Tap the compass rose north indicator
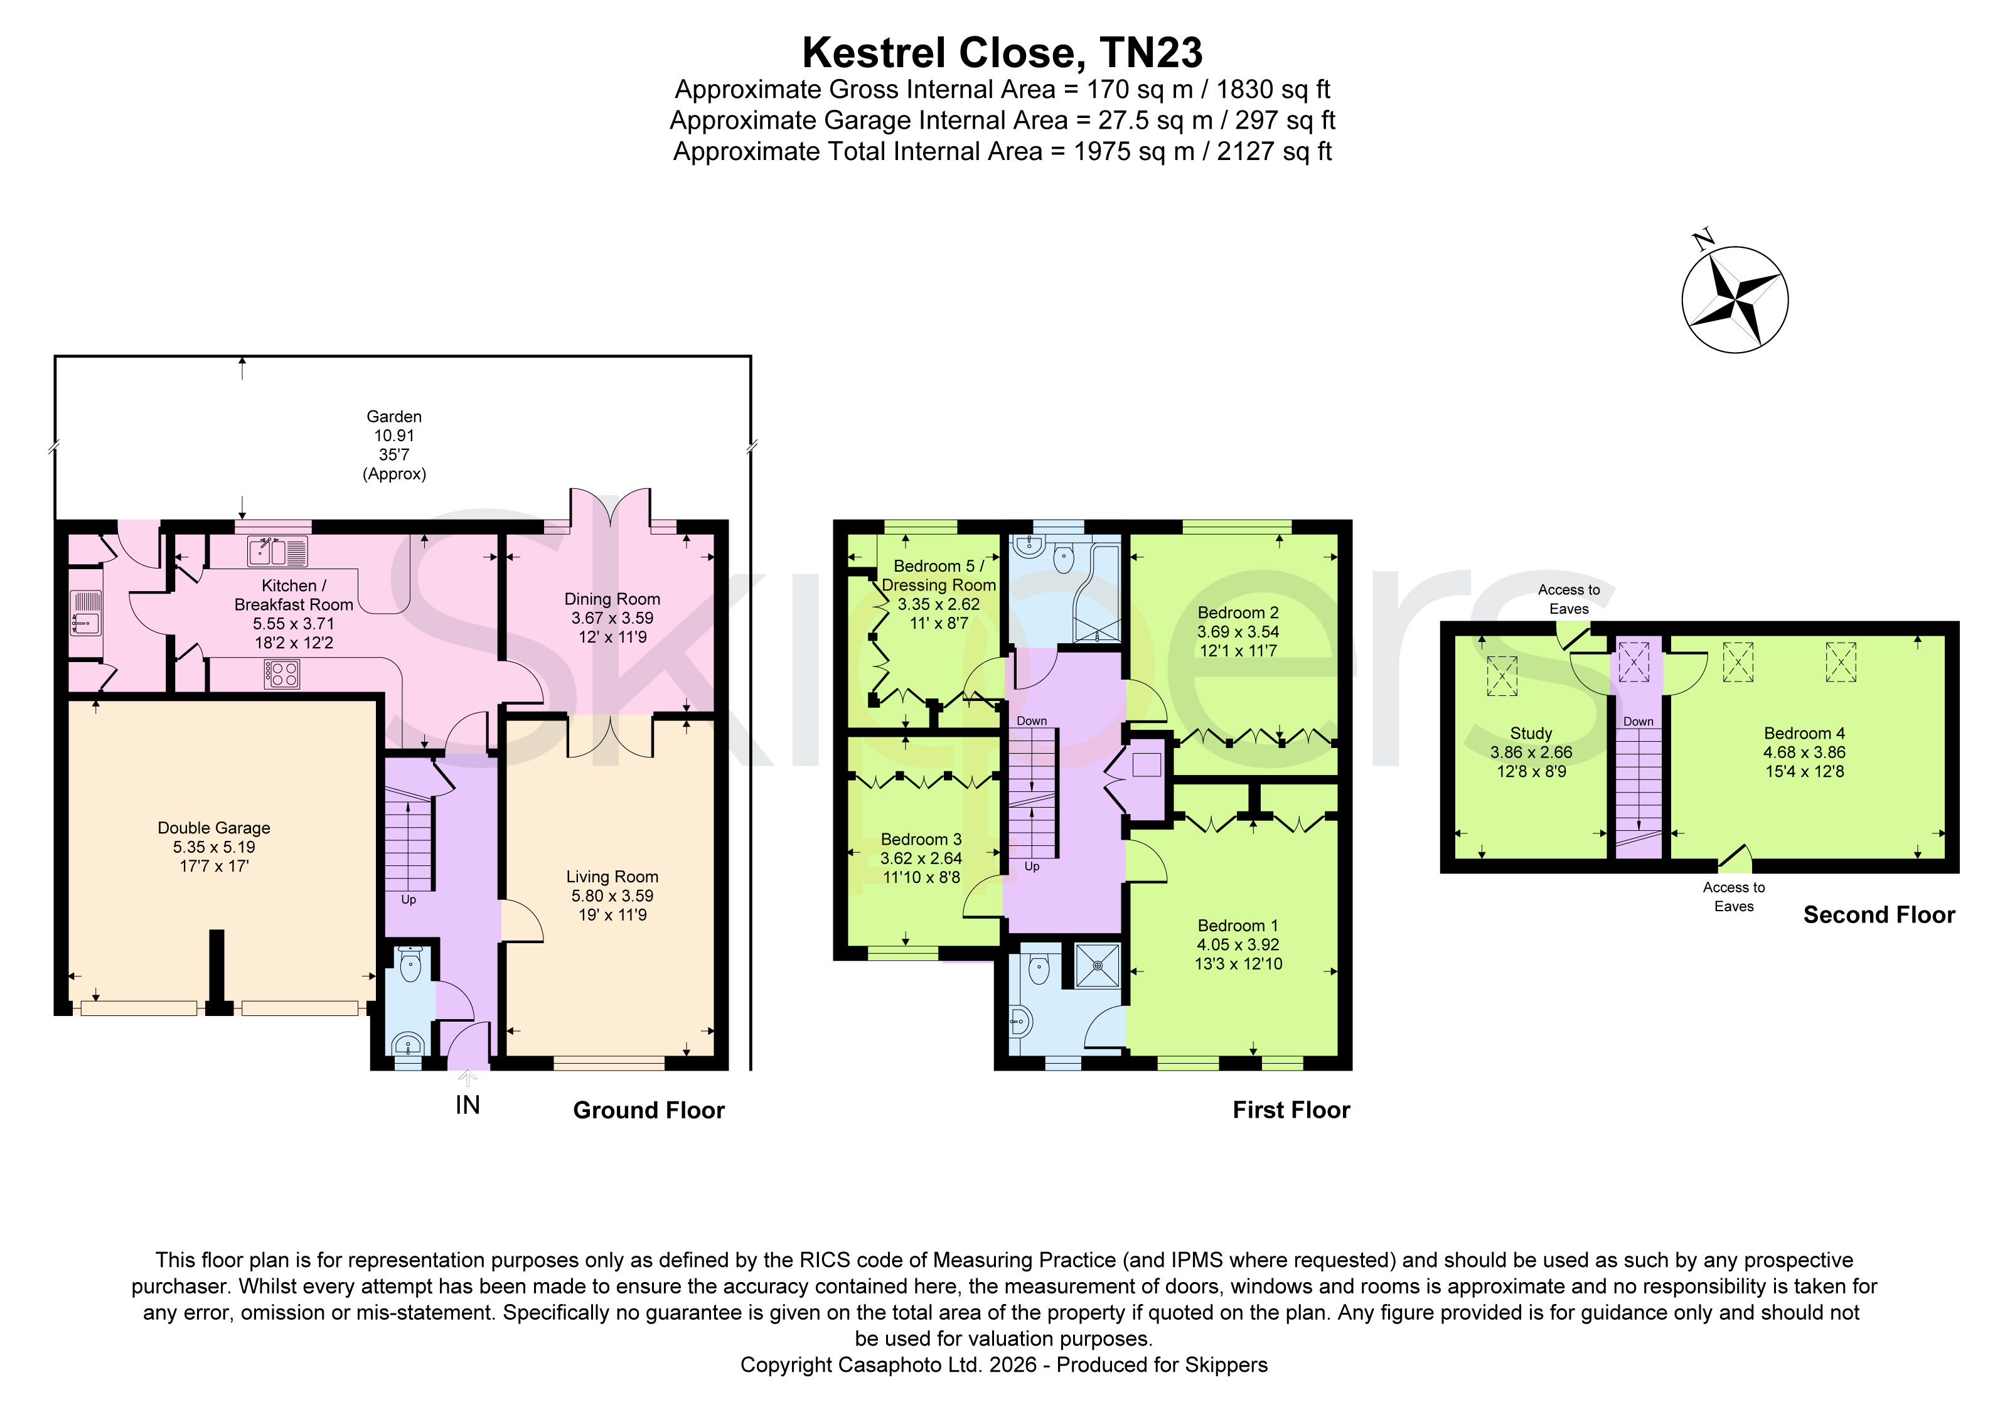pos(1735,299)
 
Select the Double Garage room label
pos(214,828)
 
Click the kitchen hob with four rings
pos(282,674)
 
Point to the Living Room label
pos(612,877)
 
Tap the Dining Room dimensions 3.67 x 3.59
pos(612,618)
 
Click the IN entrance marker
pos(468,1105)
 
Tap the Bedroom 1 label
pos(1238,926)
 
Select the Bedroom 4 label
pos(1804,734)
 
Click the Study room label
pos(1531,734)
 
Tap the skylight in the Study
pos(1502,676)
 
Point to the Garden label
pos(394,417)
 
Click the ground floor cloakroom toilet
pos(410,964)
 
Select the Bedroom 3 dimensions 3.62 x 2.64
pos(921,858)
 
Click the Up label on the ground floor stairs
pos(409,899)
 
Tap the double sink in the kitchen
pos(278,552)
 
